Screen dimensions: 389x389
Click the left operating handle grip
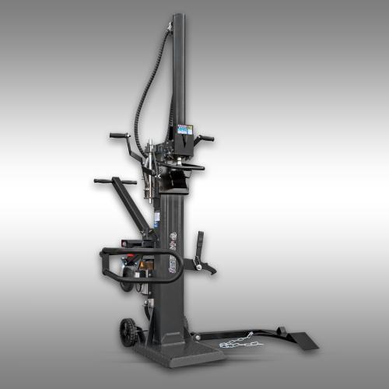pyautogui.click(x=117, y=135)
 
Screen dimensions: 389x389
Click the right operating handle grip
pyautogui.click(x=207, y=138)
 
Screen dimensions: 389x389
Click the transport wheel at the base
pyautogui.click(x=128, y=332)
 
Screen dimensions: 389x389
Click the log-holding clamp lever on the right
pyautogui.click(x=200, y=249)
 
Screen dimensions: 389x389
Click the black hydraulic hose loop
pyautogui.click(x=143, y=86)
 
